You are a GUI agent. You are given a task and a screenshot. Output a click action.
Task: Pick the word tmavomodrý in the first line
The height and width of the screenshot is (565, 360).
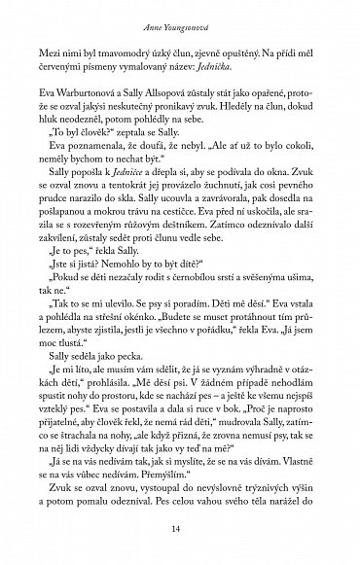(x=127, y=55)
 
